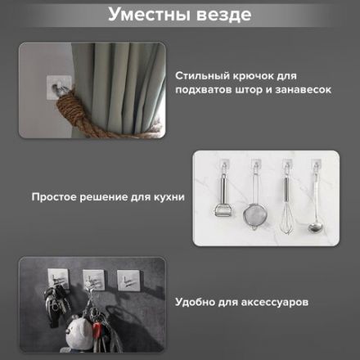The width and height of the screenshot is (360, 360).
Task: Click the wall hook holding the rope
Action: click(56, 85)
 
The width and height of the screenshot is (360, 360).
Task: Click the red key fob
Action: click(99, 335)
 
